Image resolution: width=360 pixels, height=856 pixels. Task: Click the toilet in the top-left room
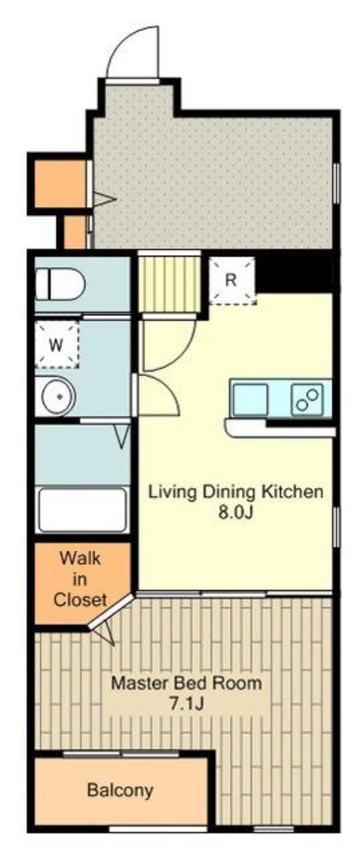coord(60,284)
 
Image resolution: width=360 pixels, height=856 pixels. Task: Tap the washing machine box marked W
coord(57,345)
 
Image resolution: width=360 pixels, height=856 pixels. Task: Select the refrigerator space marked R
coord(232,281)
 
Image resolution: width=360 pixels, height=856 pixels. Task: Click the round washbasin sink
coord(59,397)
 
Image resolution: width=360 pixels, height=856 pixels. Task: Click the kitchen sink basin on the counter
coord(250,400)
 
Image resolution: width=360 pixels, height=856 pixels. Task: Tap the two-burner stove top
coord(307,400)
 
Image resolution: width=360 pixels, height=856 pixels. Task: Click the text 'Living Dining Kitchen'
coord(235,492)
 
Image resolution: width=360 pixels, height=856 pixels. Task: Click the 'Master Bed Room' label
coord(187,683)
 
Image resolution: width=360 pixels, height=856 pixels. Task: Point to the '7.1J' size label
coord(187,703)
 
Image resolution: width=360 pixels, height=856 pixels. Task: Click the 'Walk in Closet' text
coord(80,579)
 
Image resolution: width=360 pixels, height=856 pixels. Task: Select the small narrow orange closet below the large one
coord(74,232)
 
